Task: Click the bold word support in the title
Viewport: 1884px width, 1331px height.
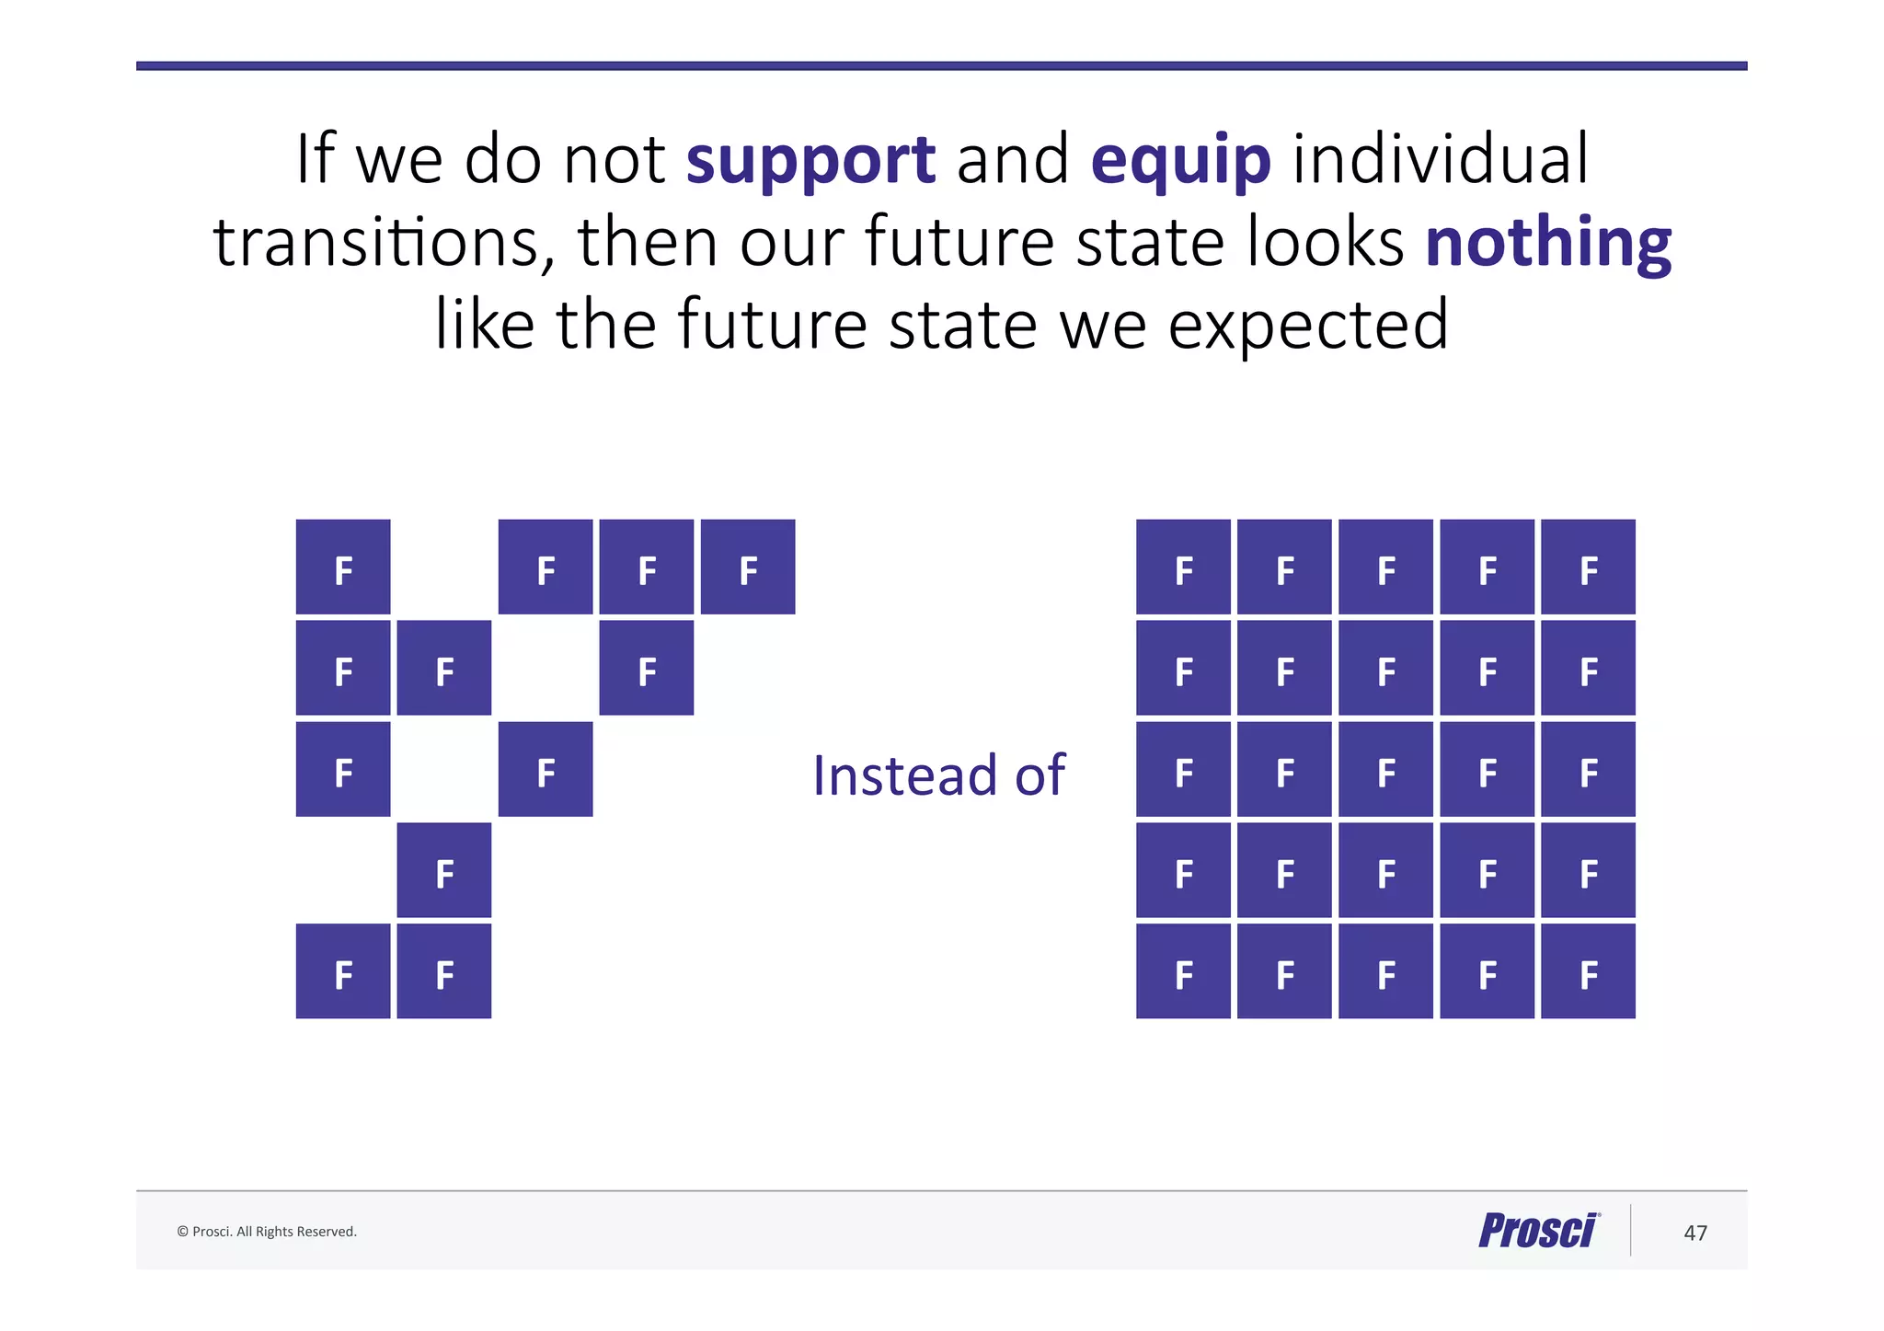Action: (810, 160)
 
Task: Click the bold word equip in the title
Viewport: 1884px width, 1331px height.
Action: (1180, 160)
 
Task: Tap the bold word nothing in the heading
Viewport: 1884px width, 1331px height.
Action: (1547, 243)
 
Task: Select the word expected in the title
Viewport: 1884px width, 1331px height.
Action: (1307, 326)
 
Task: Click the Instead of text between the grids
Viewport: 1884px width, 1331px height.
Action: (938, 775)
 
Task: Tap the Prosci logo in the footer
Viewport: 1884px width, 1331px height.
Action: (1538, 1231)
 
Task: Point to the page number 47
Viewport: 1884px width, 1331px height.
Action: (1694, 1233)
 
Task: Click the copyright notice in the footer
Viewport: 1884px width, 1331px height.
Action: (267, 1232)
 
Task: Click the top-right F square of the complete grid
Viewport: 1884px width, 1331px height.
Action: (1588, 567)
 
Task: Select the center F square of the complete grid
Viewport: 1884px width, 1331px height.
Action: (1385, 769)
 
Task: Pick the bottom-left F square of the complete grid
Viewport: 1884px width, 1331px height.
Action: (1183, 971)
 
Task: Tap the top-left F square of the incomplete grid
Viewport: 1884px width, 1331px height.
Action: (343, 567)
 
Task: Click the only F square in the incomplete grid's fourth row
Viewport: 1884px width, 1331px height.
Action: (444, 870)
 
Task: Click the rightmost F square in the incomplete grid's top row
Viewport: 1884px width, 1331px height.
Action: (748, 567)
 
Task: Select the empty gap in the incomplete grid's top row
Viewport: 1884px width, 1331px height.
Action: (444, 567)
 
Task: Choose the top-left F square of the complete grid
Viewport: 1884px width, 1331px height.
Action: (1183, 567)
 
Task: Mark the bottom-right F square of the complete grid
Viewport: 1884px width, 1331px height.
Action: (1588, 971)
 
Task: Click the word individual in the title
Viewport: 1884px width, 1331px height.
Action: (1441, 160)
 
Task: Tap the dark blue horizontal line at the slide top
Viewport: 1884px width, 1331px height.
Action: (941, 66)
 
